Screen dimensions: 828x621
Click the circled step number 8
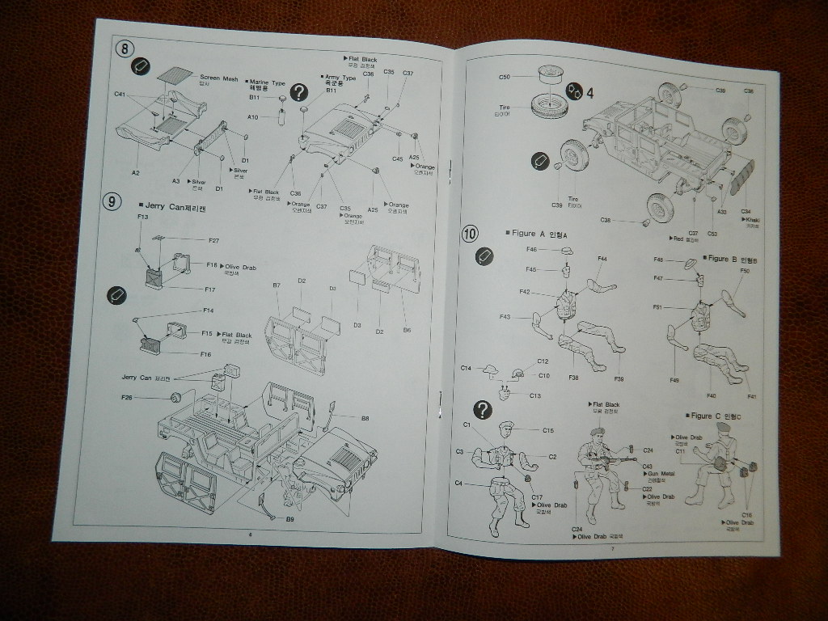[x=124, y=48]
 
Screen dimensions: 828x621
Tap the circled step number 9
[x=112, y=202]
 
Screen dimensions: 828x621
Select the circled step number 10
[x=470, y=234]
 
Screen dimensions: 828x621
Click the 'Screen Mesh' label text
[x=218, y=78]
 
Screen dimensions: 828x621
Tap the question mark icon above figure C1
[x=482, y=410]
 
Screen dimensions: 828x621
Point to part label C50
[x=505, y=77]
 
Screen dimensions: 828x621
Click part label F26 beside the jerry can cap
[x=127, y=397]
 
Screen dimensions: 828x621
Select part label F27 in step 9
[x=213, y=240]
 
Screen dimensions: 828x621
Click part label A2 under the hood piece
[x=136, y=172]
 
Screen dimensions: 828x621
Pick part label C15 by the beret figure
[x=547, y=430]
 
